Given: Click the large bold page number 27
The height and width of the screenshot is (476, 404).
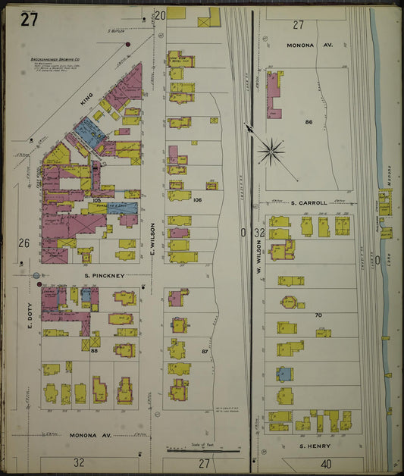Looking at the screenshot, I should point(29,20).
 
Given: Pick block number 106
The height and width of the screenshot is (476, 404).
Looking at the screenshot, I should point(197,200).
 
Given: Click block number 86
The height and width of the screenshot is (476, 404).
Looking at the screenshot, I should point(308,121).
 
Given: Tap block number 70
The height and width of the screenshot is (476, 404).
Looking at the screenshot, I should point(318,314).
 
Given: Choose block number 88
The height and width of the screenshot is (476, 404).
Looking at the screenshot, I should point(95,350).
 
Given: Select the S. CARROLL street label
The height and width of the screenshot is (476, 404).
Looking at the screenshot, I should point(308,203).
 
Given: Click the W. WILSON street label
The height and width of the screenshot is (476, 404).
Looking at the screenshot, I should point(258,257).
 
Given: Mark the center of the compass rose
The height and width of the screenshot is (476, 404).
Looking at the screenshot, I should point(271,151).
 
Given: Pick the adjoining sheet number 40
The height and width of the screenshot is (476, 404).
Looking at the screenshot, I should point(326,462).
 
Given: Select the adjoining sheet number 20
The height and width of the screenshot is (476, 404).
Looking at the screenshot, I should point(159,14).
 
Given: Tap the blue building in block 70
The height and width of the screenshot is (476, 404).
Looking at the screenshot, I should point(283,374).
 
